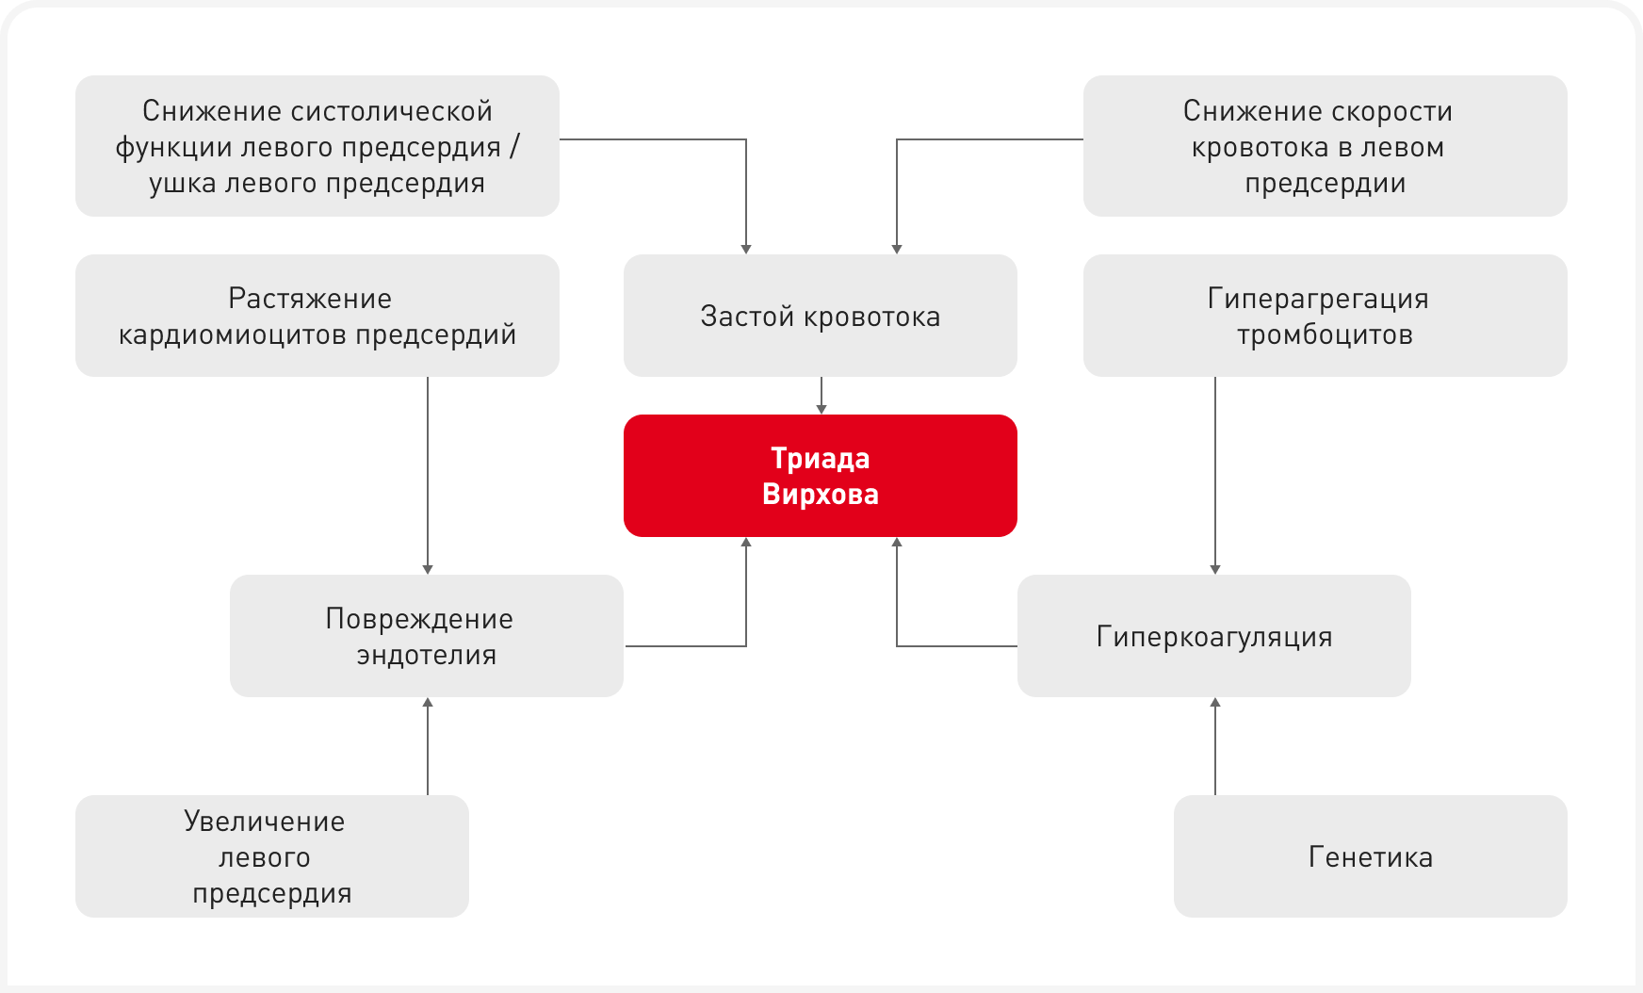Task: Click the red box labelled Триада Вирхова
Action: (x=820, y=476)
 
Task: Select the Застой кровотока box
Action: (x=820, y=316)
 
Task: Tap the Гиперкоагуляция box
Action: (x=1213, y=636)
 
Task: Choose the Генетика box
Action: (x=1370, y=856)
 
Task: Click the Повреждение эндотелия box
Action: (x=426, y=636)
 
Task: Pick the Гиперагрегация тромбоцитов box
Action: (x=1325, y=316)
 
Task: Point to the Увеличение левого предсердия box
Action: (x=271, y=856)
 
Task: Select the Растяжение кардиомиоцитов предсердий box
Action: (x=317, y=316)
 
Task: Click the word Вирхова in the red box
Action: (x=820, y=495)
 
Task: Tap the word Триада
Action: (x=820, y=459)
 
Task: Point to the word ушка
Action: (x=181, y=183)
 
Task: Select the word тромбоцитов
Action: (x=1325, y=334)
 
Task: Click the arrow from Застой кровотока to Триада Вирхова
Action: (x=821, y=396)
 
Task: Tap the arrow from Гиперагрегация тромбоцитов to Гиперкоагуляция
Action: (x=1215, y=476)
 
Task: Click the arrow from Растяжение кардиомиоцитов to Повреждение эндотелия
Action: (x=428, y=476)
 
